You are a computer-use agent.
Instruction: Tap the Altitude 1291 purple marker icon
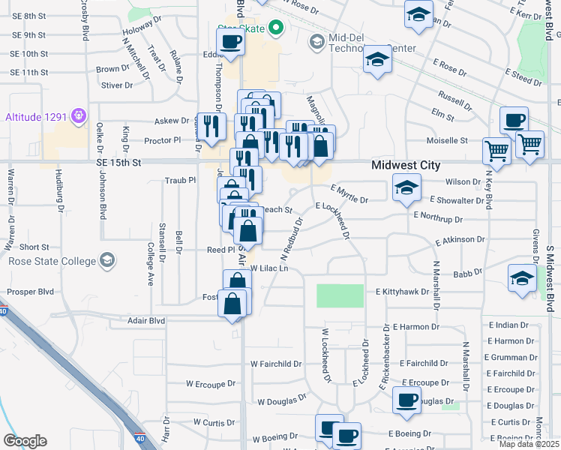click(78, 117)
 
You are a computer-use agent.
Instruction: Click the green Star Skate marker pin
click(275, 28)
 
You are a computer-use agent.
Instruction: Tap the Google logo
click(25, 440)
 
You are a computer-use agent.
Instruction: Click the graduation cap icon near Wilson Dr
click(406, 187)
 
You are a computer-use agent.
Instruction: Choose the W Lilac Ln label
click(268, 268)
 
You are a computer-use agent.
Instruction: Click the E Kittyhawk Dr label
click(401, 291)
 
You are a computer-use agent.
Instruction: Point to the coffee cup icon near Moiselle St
click(514, 120)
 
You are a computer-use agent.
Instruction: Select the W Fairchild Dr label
click(275, 364)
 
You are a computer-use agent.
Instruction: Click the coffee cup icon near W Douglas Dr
click(406, 400)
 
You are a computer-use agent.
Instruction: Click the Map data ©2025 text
click(529, 444)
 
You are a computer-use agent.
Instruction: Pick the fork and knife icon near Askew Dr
click(210, 125)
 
